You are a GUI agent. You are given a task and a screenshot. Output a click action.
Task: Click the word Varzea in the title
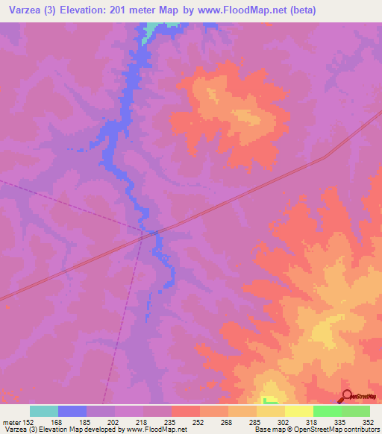pos(22,10)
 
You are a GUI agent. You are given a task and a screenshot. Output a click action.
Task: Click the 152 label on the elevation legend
pos(28,422)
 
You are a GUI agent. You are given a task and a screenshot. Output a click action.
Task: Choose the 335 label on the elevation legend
pos(339,422)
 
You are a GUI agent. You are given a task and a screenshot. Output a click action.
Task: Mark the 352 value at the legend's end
pos(368,422)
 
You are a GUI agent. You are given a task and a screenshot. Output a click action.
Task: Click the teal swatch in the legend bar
pos(44,411)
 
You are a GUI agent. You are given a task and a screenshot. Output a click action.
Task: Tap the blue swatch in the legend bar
pos(72,411)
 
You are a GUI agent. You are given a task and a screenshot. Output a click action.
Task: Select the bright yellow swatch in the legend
pos(298,411)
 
